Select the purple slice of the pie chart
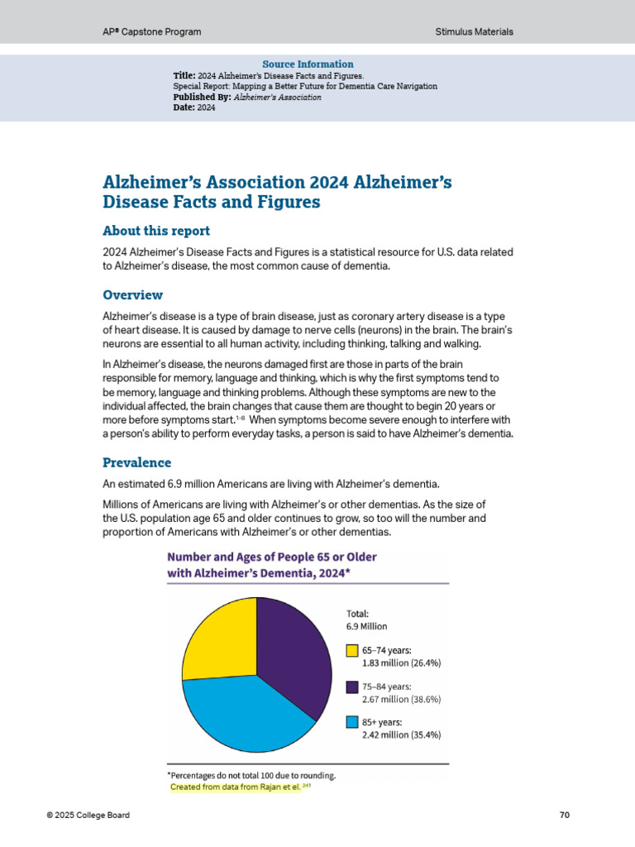[x=294, y=653]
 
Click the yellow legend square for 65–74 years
[x=351, y=650]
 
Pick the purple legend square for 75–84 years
[x=351, y=687]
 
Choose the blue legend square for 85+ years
[x=351, y=722]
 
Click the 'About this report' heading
[x=155, y=231]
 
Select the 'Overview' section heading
[x=132, y=295]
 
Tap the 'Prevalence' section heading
[x=136, y=462]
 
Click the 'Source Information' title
[x=308, y=65]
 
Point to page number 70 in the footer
[x=565, y=816]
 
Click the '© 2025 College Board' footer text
[x=88, y=816]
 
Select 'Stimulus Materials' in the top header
[x=474, y=31]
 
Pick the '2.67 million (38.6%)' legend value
[x=401, y=699]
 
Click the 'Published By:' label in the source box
[x=202, y=97]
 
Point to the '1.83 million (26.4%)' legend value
[x=401, y=663]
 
